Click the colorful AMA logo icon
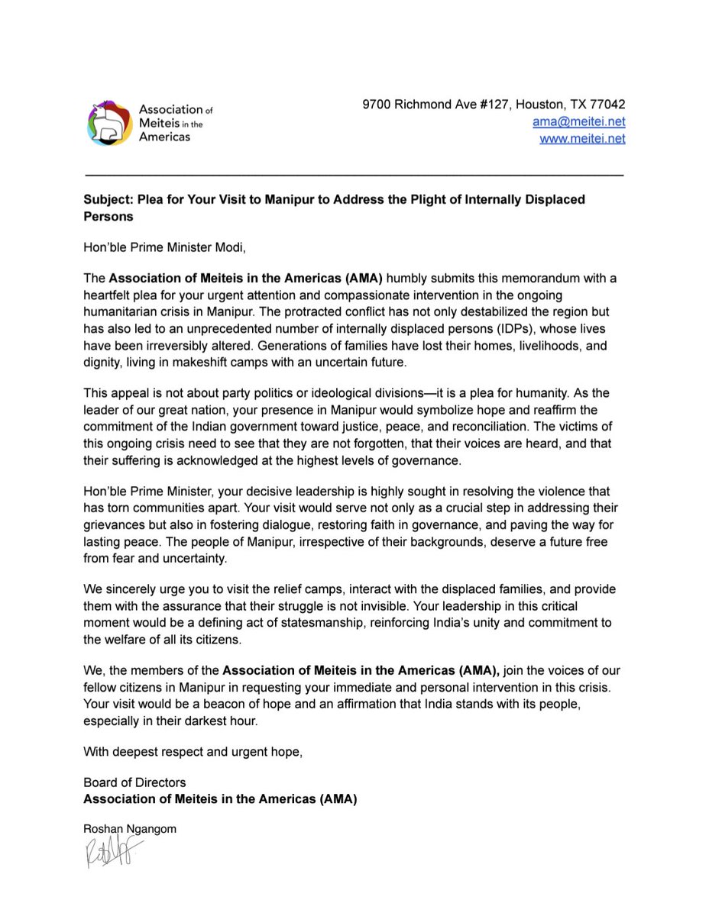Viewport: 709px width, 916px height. (110, 123)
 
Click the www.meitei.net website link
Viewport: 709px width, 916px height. (582, 138)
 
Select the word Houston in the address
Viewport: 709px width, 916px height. (536, 105)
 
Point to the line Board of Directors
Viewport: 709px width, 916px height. (134, 782)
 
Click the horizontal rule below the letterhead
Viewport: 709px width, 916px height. (354, 176)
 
